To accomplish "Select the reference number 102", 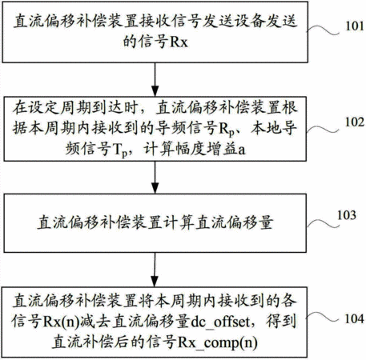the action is [x=355, y=122].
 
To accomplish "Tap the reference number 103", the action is [x=347, y=215].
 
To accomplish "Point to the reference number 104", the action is [x=354, y=318].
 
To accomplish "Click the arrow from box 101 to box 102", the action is [x=155, y=79].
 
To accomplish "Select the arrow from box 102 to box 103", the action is [x=155, y=177].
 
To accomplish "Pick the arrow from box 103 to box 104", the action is [x=155, y=270].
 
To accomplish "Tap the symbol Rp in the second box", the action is [x=227, y=130].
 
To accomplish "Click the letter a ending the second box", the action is [x=241, y=150].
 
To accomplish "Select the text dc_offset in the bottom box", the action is [x=221, y=322].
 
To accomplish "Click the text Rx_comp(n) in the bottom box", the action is [x=218, y=342].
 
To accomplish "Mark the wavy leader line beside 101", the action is [x=323, y=30].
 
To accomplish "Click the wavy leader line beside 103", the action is [x=324, y=223].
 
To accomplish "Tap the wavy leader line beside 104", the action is [x=323, y=318].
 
